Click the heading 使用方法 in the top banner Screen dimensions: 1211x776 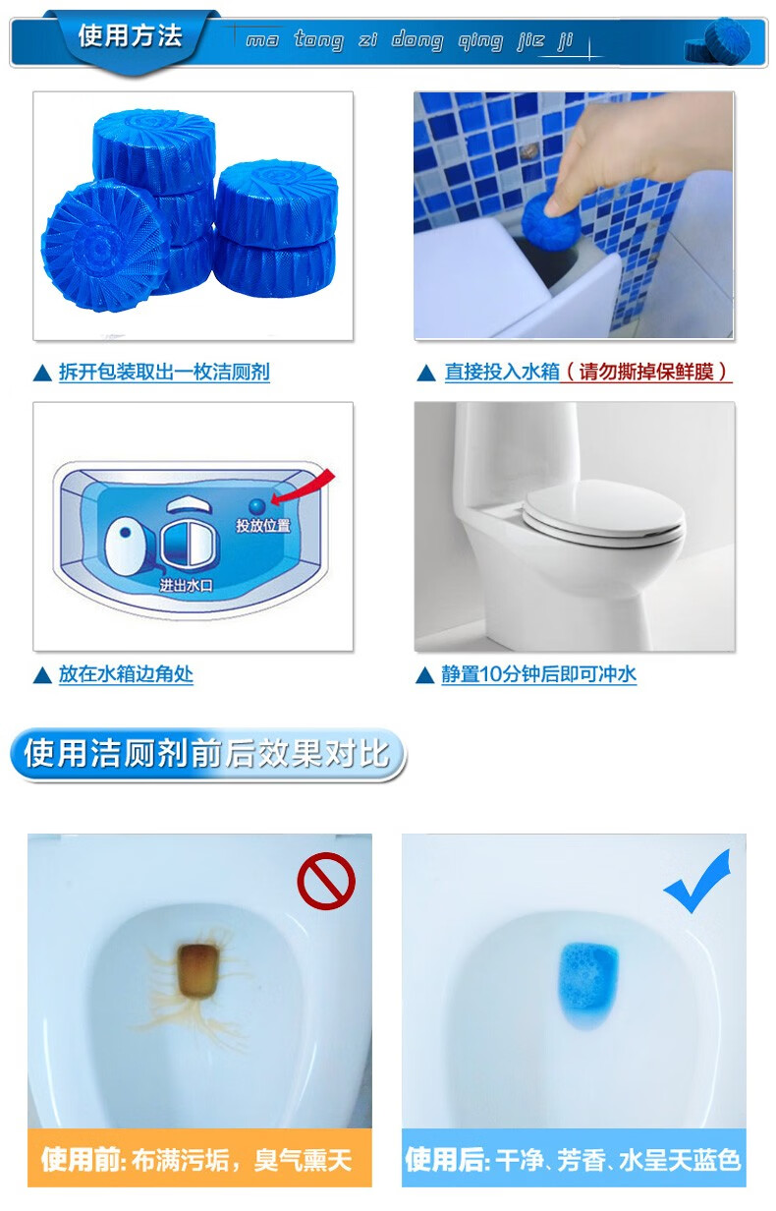coord(131,37)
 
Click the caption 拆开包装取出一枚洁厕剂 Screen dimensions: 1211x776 coord(164,372)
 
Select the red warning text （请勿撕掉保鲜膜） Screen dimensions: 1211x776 coord(649,372)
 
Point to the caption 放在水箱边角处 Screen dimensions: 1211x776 coord(126,674)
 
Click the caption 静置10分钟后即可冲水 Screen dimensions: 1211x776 coord(538,674)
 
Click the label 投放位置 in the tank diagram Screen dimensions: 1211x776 coord(263,526)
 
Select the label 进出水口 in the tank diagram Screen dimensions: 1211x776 coord(187,585)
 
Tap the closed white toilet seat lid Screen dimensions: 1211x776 coord(601,518)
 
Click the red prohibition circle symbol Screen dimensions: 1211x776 coord(326,881)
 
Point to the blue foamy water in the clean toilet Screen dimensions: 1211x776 coord(589,978)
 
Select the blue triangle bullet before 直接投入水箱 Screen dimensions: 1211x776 coord(426,373)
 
